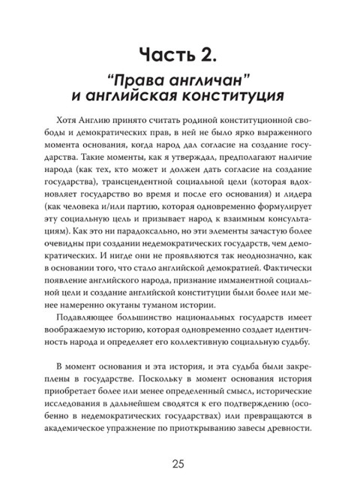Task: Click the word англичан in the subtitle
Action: tap(196, 79)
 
